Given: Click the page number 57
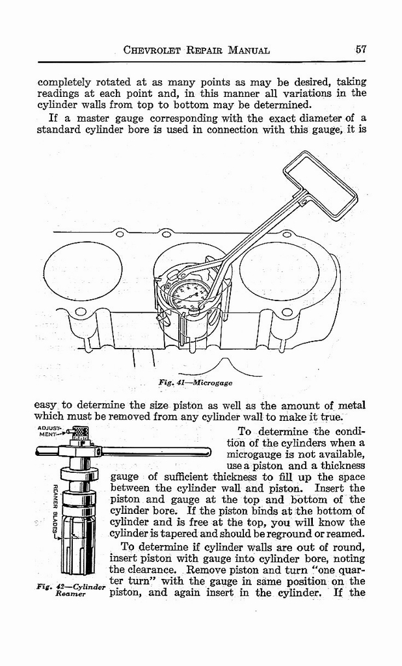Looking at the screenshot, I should pyautogui.click(x=362, y=49).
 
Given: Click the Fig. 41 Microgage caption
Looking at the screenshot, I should pyautogui.click(x=195, y=382).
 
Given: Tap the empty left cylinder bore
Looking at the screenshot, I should pyautogui.click(x=83, y=271).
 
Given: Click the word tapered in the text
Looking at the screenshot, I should pyautogui.click(x=185, y=533).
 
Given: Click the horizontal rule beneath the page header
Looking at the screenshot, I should pyautogui.click(x=202, y=62).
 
